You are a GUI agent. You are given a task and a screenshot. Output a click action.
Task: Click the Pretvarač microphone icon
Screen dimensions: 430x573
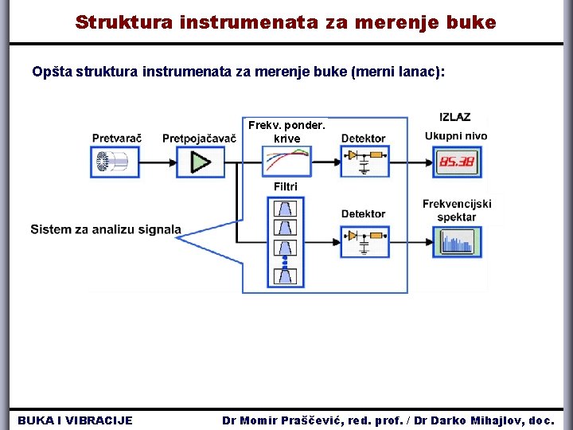pyautogui.click(x=115, y=162)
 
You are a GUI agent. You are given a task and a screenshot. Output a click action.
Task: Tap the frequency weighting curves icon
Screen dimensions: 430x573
pyautogui.click(x=286, y=162)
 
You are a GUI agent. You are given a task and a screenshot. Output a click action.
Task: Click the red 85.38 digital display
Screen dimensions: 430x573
pyautogui.click(x=456, y=162)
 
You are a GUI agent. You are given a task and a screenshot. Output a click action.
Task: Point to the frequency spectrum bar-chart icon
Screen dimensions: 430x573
pyautogui.click(x=456, y=241)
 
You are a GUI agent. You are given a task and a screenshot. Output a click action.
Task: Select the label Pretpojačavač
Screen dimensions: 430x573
pyautogui.click(x=199, y=139)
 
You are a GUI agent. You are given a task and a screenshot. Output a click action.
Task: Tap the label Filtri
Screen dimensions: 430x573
pyautogui.click(x=286, y=186)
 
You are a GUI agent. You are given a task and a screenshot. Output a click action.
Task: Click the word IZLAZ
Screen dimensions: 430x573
pyautogui.click(x=454, y=118)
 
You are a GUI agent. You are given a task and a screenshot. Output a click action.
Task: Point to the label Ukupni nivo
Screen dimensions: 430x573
pyautogui.click(x=456, y=136)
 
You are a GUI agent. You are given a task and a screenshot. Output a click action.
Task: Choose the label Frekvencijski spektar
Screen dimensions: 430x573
pyautogui.click(x=457, y=210)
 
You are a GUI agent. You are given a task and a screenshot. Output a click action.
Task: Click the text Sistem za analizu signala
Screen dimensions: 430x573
pyautogui.click(x=106, y=230)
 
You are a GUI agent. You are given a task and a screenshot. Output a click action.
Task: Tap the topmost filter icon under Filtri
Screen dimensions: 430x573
pyautogui.click(x=286, y=209)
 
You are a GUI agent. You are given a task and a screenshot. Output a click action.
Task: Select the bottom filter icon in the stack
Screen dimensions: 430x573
pyautogui.click(x=286, y=276)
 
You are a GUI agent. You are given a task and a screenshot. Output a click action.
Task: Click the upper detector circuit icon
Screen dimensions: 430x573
pyautogui.click(x=363, y=162)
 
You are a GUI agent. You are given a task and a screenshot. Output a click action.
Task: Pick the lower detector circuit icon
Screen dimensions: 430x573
pyautogui.click(x=363, y=240)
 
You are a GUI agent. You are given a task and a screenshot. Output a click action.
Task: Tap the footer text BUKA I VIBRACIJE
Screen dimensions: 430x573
pyautogui.click(x=76, y=420)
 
